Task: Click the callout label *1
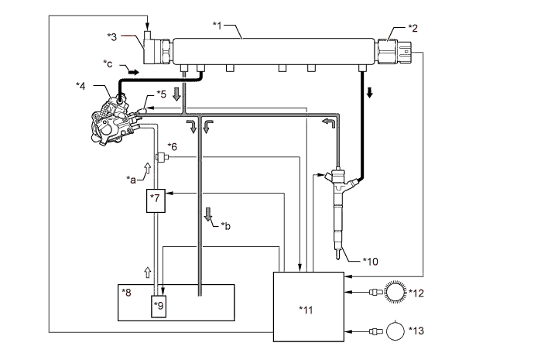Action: point(217,26)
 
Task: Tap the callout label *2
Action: point(412,29)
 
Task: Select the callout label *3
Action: point(112,37)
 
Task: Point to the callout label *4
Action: point(80,86)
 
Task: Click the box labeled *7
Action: point(156,201)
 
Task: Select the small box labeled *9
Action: point(159,306)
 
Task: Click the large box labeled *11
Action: point(309,307)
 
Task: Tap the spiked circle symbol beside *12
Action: point(395,292)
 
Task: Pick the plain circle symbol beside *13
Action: point(395,331)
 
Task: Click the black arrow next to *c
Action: point(133,72)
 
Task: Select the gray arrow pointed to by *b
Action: point(208,214)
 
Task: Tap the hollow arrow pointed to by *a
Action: point(148,168)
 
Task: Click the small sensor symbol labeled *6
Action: point(162,157)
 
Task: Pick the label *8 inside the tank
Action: point(126,292)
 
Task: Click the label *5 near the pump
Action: point(162,94)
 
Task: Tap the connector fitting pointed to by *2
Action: point(394,51)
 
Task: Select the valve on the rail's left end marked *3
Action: point(156,50)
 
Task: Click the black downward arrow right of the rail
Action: point(369,92)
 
